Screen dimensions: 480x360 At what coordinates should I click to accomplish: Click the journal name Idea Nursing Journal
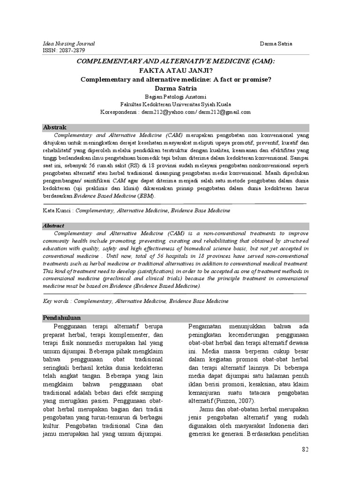(x=68, y=44)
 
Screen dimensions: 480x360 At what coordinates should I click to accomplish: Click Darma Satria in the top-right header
(x=276, y=44)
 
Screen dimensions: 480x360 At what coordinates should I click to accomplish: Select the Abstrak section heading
(x=55, y=127)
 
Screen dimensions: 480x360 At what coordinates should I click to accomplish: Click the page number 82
(x=306, y=450)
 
